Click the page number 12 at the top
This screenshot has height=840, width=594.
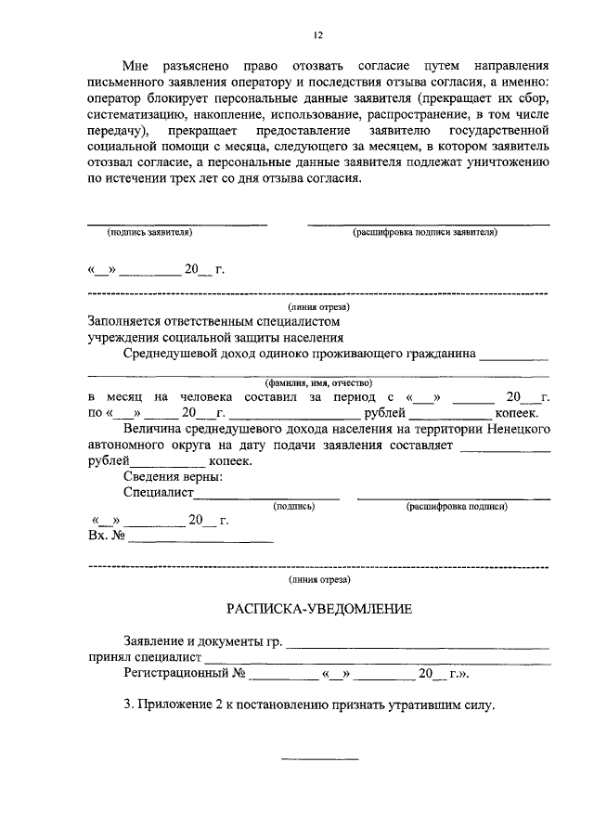tap(317, 35)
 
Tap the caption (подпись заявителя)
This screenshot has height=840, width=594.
tap(149, 233)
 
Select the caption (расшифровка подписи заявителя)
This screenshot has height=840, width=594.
tap(425, 233)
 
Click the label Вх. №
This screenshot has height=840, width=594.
tap(106, 536)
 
